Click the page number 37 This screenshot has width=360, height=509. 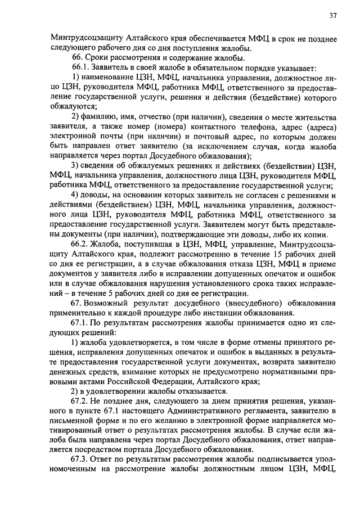click(332, 16)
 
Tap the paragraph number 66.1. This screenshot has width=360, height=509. click(80, 67)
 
